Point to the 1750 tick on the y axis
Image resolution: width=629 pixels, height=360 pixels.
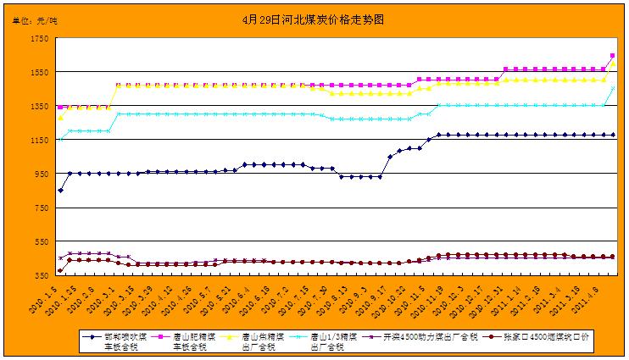38,39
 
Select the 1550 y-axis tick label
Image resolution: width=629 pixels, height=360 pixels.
38,73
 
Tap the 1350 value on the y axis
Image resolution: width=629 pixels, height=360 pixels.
38,107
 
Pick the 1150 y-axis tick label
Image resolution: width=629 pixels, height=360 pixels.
38,140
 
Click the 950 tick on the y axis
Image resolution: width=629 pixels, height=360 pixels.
41,174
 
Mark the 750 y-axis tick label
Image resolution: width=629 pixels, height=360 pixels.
41,208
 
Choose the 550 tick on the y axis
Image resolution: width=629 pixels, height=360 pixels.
41,241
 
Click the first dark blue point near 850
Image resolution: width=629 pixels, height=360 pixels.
60,191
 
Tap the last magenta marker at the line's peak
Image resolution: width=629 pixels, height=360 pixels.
613,56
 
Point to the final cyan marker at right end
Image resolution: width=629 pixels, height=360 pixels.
613,88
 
